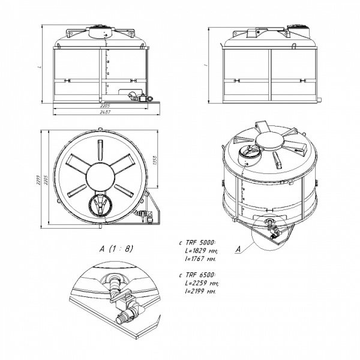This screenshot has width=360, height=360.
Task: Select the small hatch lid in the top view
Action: point(99,205)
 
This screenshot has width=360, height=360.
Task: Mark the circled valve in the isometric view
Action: point(271,229)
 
